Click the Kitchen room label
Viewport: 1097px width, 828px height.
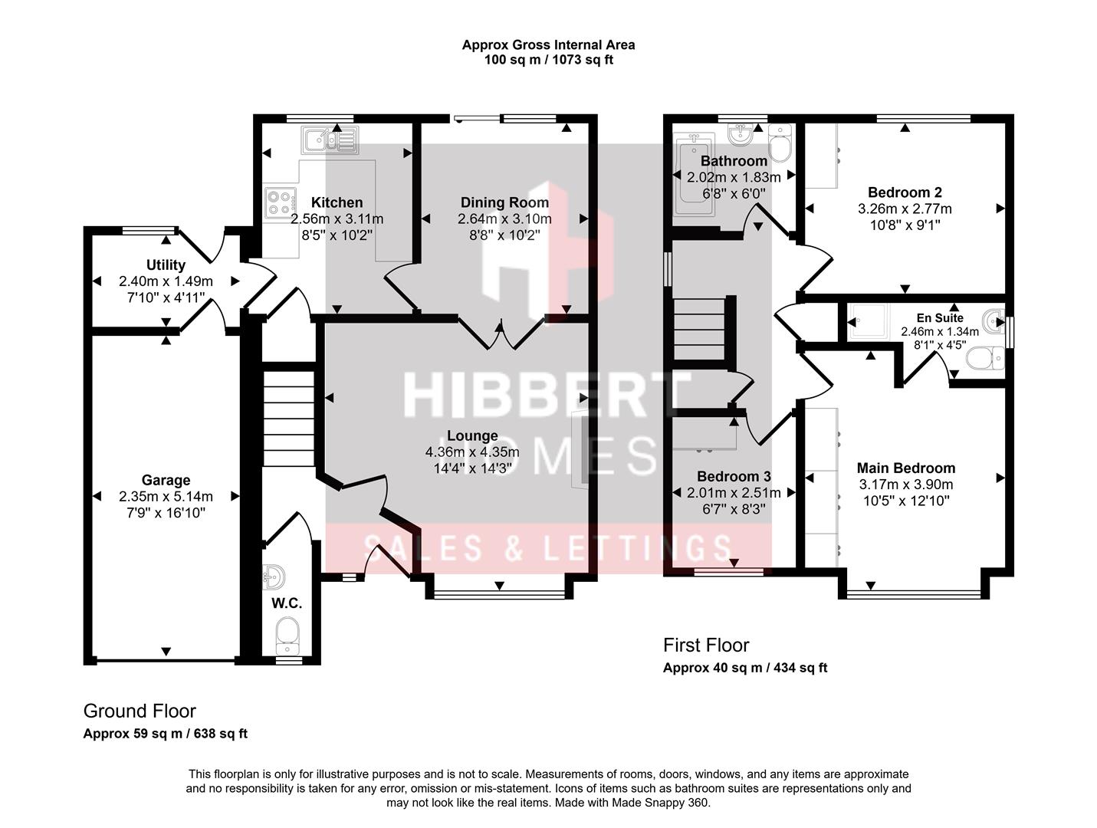click(x=337, y=202)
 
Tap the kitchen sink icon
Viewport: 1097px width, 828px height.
click(x=330, y=140)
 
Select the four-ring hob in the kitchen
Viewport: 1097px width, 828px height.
click(x=281, y=203)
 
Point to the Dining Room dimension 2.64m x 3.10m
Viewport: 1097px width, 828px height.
click(x=504, y=219)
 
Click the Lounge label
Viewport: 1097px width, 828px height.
click(x=472, y=435)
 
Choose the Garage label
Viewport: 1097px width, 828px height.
click(x=166, y=480)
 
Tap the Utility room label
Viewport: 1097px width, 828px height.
click(x=166, y=264)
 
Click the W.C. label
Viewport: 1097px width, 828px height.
click(x=287, y=603)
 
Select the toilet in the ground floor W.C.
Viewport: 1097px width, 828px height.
click(x=287, y=636)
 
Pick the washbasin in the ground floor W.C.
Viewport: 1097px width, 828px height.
click(x=274, y=577)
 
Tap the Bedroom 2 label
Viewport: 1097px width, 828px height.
click(x=905, y=192)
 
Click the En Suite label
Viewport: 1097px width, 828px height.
click(x=940, y=318)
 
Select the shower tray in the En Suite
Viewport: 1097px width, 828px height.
click(x=869, y=320)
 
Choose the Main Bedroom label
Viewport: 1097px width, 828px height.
click(x=905, y=468)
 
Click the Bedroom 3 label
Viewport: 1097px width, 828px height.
click(x=734, y=477)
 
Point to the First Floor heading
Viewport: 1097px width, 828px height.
click(x=706, y=645)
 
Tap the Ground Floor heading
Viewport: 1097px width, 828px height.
click(x=140, y=711)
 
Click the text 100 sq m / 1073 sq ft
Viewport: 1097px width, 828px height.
click(x=548, y=60)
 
